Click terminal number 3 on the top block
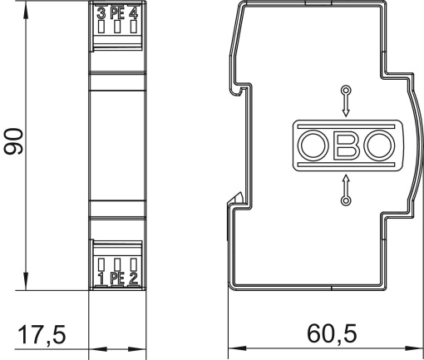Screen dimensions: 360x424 pos(101,12)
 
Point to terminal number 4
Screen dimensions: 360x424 pos(132,12)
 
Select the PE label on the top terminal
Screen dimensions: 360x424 pos(116,12)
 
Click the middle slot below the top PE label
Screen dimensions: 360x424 pos(116,27)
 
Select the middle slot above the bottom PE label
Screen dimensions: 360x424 pos(116,265)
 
